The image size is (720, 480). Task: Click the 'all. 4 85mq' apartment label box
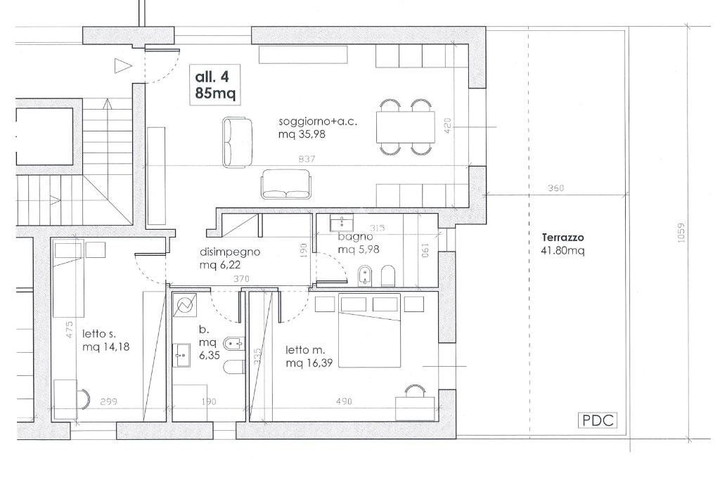tap(215, 85)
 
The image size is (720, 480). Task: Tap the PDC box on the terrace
tap(598, 420)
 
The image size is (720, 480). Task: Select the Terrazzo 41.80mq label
tap(563, 244)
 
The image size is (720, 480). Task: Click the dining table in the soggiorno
tap(406, 127)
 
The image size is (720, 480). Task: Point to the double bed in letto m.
tap(369, 330)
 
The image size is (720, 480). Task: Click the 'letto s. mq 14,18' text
tap(105, 340)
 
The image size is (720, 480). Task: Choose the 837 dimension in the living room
tap(307, 160)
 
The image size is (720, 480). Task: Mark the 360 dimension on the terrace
tap(555, 188)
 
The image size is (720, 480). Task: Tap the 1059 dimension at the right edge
tap(681, 233)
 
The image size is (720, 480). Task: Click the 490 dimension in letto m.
tap(344, 401)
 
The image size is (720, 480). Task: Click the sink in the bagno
tap(342, 223)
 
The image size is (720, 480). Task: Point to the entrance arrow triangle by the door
tap(123, 65)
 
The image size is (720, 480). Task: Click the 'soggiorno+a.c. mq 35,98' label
tap(318, 128)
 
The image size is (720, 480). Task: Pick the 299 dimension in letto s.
tap(108, 401)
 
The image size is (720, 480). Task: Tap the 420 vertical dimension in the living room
tap(448, 126)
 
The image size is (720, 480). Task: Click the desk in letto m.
tap(415, 408)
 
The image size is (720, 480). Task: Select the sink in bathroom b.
tap(181, 355)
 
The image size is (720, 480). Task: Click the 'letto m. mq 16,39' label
tap(309, 356)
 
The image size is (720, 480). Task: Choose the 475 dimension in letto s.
tap(70, 330)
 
